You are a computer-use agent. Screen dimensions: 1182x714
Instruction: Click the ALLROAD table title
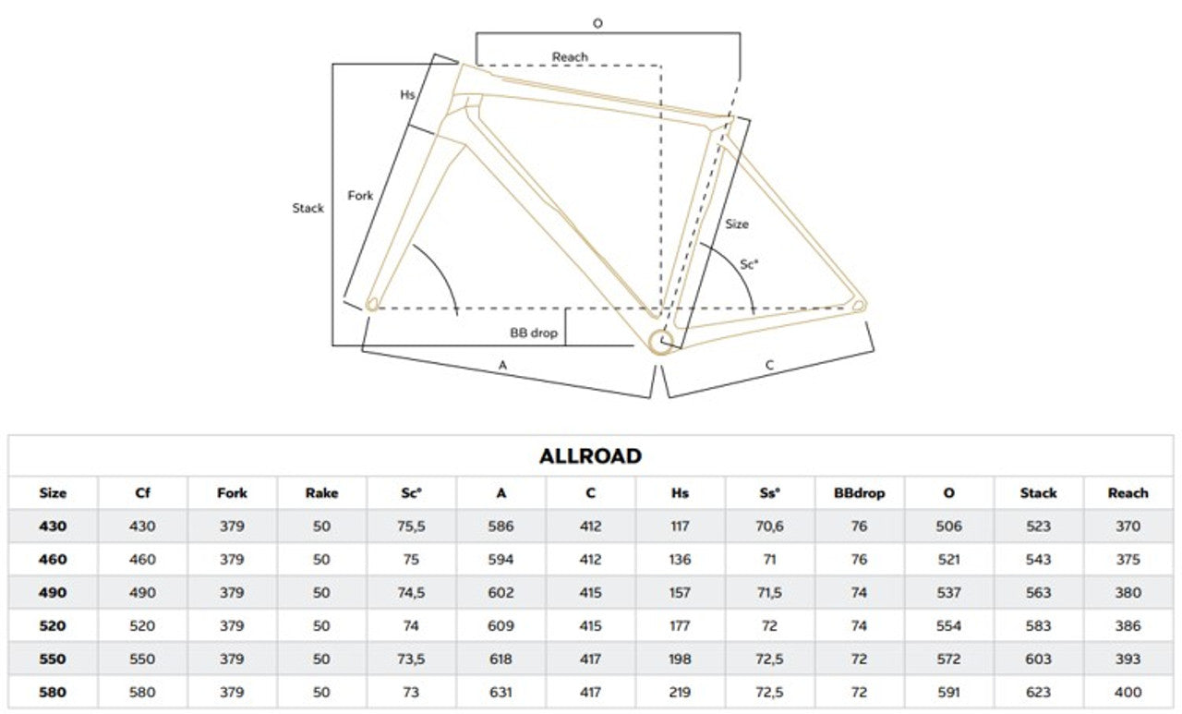[x=590, y=456]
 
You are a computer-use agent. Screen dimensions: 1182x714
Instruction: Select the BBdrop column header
[x=859, y=493]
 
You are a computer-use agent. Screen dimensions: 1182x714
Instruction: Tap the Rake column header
[x=321, y=493]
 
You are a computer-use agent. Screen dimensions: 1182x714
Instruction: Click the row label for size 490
[x=53, y=592]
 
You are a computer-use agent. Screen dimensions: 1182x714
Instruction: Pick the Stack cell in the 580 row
[x=1038, y=692]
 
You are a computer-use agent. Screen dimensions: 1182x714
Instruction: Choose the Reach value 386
[x=1128, y=625]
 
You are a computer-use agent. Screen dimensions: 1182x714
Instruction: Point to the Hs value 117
[x=680, y=526]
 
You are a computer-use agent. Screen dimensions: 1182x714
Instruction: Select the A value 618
[x=501, y=659]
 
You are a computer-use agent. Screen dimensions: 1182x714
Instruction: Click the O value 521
[x=948, y=559]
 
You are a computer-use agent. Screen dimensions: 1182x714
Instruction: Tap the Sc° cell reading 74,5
[x=411, y=593]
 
